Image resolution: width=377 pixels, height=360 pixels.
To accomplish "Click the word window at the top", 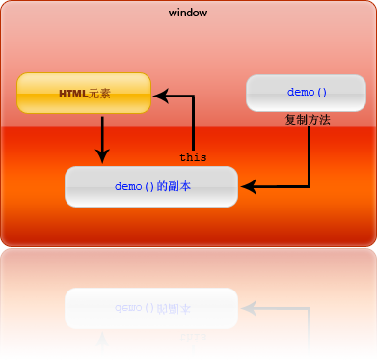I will click(188, 13).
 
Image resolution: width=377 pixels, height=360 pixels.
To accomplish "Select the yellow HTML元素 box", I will click(85, 94).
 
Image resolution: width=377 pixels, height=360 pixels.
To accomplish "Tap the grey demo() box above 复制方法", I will click(307, 93).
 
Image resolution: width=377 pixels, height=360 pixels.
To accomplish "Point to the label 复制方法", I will click(308, 121).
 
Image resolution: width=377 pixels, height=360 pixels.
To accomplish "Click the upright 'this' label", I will click(193, 156).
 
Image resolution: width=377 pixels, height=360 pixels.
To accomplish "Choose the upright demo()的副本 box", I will click(151, 185).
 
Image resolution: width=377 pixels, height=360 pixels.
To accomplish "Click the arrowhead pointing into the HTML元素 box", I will click(161, 95).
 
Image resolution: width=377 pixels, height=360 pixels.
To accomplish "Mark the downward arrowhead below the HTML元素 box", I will click(101, 155).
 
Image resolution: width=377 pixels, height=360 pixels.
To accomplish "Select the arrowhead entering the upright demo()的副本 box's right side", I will click(247, 185).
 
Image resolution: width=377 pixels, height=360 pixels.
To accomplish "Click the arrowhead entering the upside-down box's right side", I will click(247, 308).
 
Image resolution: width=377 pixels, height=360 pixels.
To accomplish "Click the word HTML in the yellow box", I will click(73, 94).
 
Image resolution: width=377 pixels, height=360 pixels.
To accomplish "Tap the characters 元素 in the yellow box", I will click(99, 94).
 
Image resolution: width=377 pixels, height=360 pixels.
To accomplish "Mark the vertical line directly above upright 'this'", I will click(193, 124).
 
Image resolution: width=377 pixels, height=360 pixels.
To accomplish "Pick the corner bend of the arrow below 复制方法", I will click(309, 185).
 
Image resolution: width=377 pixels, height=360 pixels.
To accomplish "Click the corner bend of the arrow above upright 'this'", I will click(193, 95).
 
